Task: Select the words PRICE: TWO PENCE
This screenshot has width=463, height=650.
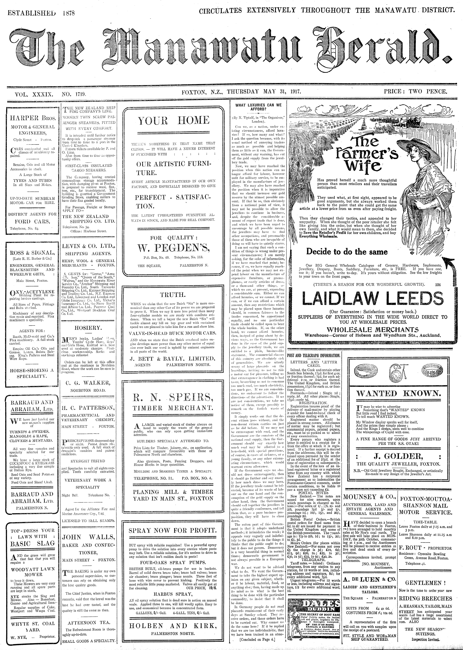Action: click(x=415, y=92)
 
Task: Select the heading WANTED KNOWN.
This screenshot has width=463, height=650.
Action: click(x=399, y=393)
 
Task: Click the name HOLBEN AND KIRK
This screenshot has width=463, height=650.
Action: click(x=173, y=631)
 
